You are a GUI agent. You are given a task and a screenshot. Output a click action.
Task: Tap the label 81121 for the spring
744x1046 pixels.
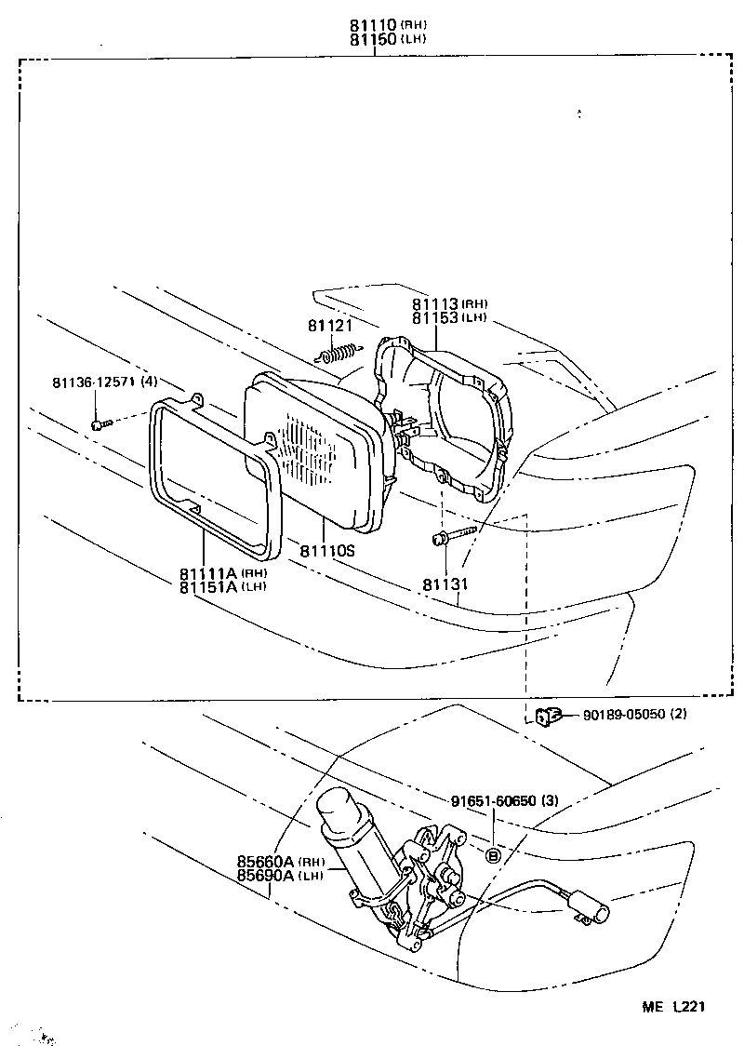click(x=329, y=325)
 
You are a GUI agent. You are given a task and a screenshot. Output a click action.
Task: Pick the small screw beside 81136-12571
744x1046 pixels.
click(x=100, y=424)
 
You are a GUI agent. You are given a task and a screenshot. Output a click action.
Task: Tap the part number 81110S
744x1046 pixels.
click(x=327, y=551)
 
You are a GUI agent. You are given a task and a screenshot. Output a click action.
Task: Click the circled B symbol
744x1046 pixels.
click(x=493, y=855)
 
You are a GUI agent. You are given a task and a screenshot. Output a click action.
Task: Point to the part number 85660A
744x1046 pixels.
click(x=267, y=862)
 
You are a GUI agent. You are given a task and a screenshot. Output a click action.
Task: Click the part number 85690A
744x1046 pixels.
click(x=267, y=875)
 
